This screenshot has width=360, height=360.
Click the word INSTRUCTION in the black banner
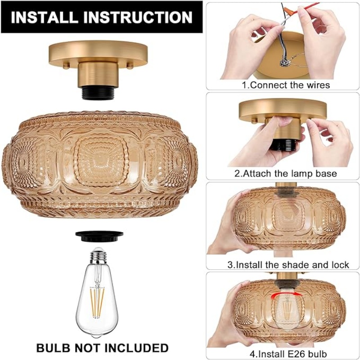pos(138,17)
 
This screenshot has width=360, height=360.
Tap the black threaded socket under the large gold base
pos(98,93)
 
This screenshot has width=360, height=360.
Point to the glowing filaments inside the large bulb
pos(97,302)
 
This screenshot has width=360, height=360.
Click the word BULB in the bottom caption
pos(53,348)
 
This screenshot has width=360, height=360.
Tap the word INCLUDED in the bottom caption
pos(138,348)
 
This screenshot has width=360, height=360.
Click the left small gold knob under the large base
pos(66,66)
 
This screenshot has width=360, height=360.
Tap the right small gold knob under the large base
pos(130,66)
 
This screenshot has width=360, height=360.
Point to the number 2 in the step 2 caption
pos(237,173)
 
